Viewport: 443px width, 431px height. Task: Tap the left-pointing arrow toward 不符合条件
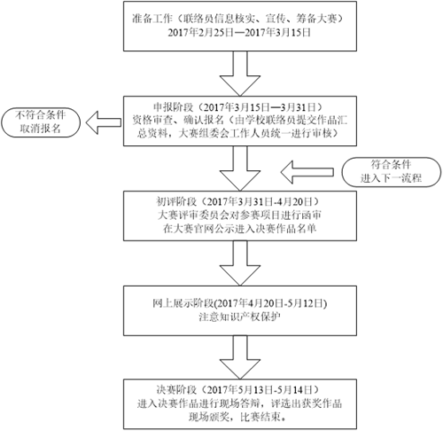[104, 122]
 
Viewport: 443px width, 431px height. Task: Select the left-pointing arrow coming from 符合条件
[307, 172]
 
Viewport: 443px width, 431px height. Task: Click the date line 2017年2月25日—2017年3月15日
[239, 33]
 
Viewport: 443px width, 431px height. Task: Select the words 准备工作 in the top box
[152, 19]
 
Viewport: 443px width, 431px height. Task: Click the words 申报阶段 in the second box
[174, 106]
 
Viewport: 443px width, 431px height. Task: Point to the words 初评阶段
[176, 202]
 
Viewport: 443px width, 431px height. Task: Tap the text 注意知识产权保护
[239, 317]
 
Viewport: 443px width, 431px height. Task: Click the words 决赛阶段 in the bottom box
[176, 390]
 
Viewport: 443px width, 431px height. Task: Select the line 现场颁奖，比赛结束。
[238, 417]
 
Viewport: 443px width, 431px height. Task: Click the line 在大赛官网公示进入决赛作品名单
[239, 229]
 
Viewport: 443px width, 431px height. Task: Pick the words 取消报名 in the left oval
[41, 129]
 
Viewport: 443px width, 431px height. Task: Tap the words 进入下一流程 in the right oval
[391, 178]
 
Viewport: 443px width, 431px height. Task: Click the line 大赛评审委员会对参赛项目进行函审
[239, 215]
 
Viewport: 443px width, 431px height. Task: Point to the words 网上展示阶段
[183, 303]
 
